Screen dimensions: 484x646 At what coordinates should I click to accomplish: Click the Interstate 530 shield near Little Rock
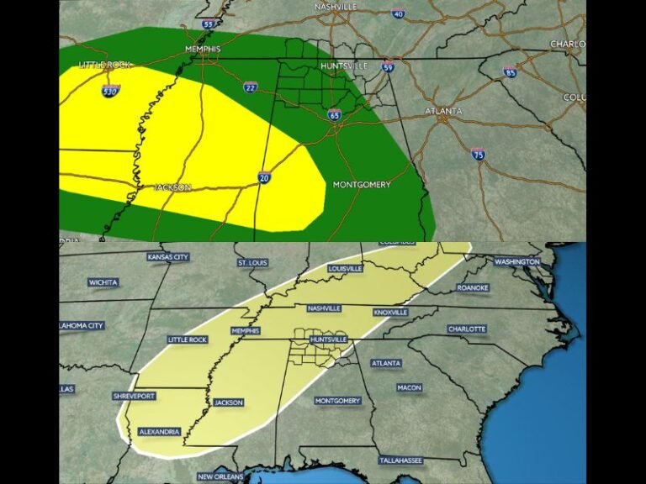point(110,91)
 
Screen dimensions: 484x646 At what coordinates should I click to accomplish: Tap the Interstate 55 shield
point(209,24)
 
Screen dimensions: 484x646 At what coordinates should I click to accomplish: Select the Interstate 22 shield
point(251,87)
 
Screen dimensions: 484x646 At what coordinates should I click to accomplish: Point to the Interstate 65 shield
point(335,113)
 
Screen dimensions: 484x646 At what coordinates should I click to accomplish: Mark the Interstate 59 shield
point(388,67)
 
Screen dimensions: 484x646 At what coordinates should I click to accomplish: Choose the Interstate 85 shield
point(510,72)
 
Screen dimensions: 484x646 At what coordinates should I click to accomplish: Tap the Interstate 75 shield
point(478,154)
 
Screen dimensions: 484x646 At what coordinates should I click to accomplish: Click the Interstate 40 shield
point(398,13)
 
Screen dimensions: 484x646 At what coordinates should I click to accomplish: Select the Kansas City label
point(167,256)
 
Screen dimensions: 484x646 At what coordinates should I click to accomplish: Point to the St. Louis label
point(252,263)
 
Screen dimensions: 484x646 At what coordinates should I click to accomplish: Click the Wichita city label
point(103,282)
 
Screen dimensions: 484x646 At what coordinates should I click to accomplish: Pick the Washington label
point(516,262)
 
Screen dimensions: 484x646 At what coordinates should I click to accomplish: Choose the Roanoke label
point(472,287)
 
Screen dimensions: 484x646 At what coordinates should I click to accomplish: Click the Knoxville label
point(390,312)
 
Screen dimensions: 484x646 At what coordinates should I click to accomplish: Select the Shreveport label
point(135,396)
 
